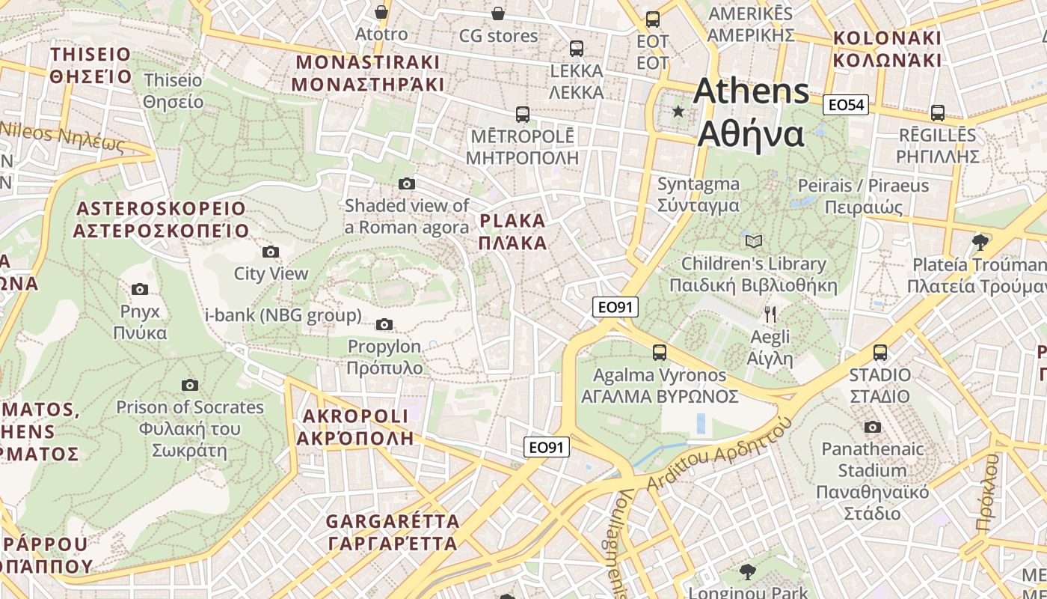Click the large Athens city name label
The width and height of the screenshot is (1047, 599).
[x=751, y=112]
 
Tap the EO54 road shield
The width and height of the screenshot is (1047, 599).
[x=846, y=105]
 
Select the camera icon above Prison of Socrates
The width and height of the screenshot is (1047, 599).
[x=190, y=385]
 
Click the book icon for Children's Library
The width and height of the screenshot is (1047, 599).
[x=754, y=241]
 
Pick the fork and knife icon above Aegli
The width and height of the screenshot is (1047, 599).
[x=770, y=314]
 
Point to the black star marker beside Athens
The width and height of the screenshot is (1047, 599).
[x=678, y=112]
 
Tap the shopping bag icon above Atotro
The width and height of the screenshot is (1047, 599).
[x=381, y=12]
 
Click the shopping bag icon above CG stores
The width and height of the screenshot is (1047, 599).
[x=498, y=13]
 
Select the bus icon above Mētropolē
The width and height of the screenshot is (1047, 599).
[x=523, y=115]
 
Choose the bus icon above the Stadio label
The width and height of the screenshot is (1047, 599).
[x=880, y=352]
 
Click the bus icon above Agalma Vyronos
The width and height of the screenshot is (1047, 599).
[x=660, y=352]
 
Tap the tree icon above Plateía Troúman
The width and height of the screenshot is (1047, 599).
[x=980, y=242]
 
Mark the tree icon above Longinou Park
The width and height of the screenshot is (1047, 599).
[x=746, y=572]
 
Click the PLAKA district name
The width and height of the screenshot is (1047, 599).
[x=512, y=231]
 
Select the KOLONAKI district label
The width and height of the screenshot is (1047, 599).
[x=887, y=49]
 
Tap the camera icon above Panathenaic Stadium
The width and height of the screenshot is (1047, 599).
[x=872, y=427]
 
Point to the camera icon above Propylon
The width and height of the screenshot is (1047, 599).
[x=384, y=324]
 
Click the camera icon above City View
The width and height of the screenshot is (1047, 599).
[x=271, y=252]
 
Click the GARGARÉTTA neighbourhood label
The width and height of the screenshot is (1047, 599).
[x=393, y=532]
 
